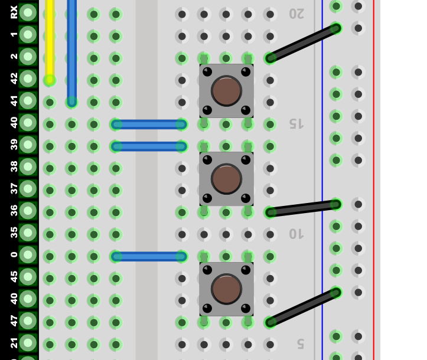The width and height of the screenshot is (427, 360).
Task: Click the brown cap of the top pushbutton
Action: pos(226,91)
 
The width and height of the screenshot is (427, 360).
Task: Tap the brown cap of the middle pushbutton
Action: pos(226,179)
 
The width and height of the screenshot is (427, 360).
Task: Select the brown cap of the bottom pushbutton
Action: pos(226,289)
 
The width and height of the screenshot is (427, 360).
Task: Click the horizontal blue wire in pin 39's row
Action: pos(149,146)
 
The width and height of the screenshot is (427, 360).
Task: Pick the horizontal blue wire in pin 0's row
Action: pos(149,256)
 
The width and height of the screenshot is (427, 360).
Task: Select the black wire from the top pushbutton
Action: pos(303,43)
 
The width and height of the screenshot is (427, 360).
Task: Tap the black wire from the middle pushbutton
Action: pos(303,208)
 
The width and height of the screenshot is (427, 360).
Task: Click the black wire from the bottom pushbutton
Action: pos(303,307)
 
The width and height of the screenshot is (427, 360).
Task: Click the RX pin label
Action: pos(14,12)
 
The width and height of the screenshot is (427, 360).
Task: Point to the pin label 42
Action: pos(14,78)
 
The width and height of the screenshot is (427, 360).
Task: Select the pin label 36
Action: pos(14,211)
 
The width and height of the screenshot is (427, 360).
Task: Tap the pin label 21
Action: pos(14,343)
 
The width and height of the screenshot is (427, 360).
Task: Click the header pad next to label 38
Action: pos(28,166)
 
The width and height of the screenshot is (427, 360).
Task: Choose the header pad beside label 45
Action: pos(28,277)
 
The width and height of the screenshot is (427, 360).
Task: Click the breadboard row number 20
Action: pos(296,14)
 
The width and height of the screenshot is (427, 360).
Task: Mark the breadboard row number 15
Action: pos(296,124)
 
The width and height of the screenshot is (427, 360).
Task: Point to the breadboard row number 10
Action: pos(296,234)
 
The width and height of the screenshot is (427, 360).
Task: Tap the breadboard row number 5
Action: pos(300,344)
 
